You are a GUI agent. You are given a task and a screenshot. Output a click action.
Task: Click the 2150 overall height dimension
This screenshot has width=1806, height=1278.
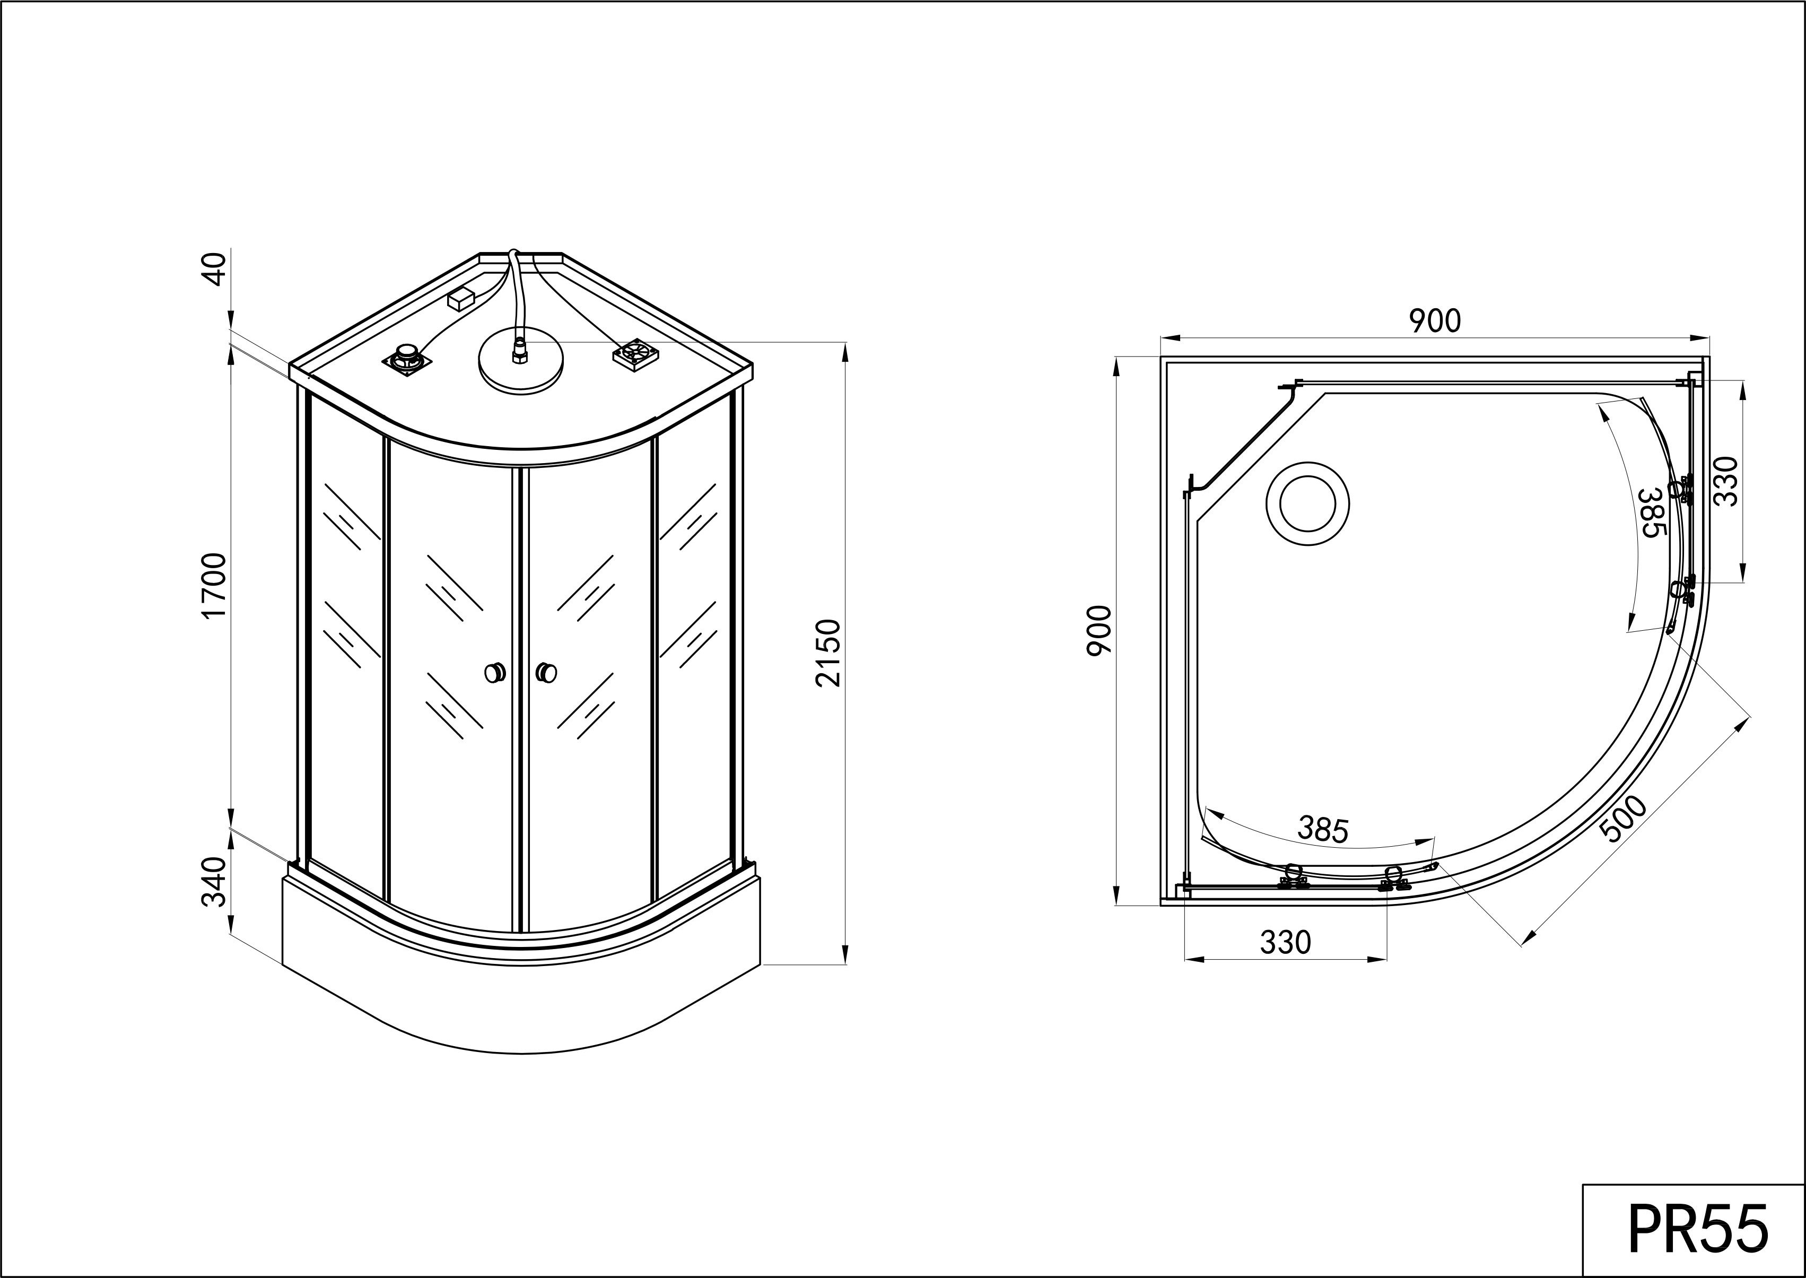pyautogui.click(x=829, y=653)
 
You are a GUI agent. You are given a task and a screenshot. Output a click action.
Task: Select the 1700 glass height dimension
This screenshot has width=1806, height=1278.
pyautogui.click(x=214, y=586)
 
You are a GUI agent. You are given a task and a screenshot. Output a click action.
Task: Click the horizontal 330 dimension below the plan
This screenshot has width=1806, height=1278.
pyautogui.click(x=1285, y=942)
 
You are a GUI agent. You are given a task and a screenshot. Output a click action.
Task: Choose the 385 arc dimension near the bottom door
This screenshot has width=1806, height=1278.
pyautogui.click(x=1323, y=829)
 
